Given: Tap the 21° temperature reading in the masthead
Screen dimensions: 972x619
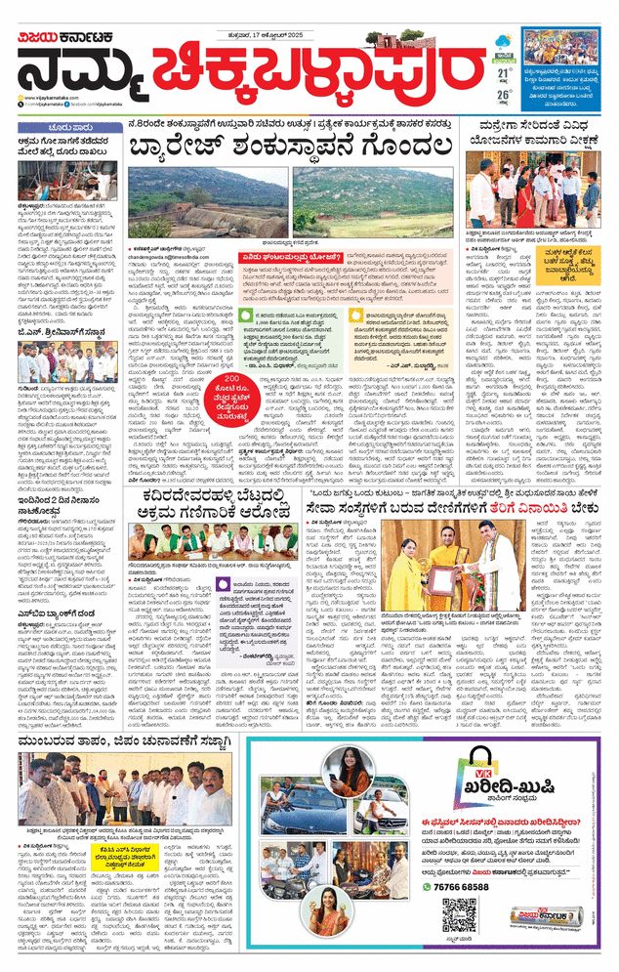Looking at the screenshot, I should coord(504,73).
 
